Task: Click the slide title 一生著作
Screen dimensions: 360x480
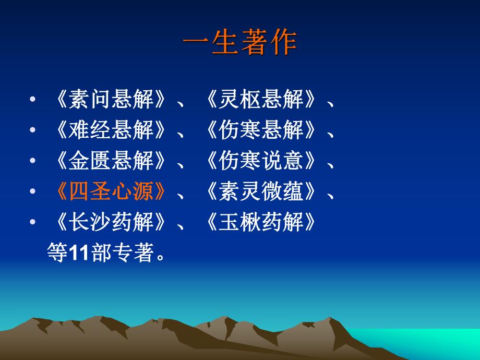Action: click(239, 43)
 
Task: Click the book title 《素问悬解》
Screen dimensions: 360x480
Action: click(111, 100)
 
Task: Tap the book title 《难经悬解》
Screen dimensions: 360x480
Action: click(111, 130)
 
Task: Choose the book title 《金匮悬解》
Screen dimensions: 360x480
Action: click(111, 161)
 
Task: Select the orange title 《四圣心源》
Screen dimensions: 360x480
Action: click(111, 192)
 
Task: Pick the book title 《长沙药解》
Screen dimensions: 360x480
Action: click(111, 223)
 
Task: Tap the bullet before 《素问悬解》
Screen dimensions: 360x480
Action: click(33, 100)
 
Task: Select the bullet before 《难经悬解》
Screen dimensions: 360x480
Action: click(33, 131)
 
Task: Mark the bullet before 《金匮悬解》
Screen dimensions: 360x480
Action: click(33, 162)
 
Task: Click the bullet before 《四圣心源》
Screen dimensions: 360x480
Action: click(33, 193)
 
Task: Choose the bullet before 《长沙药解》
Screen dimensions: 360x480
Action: click(33, 223)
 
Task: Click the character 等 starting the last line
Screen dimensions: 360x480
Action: click(57, 254)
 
